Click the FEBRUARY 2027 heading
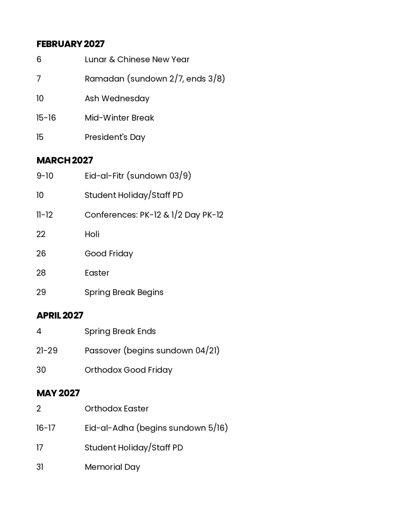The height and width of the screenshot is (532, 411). click(70, 44)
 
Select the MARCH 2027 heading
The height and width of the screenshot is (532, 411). click(65, 160)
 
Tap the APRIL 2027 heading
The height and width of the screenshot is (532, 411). click(60, 316)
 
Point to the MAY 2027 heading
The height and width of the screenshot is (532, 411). click(58, 393)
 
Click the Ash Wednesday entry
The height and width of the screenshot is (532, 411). click(117, 98)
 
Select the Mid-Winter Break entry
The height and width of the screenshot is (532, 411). click(119, 118)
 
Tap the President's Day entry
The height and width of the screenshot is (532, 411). click(115, 137)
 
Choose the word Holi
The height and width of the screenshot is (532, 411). click(92, 234)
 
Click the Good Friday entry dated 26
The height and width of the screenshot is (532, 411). click(109, 254)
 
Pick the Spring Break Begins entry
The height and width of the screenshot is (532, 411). click(124, 292)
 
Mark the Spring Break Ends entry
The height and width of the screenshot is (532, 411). click(120, 331)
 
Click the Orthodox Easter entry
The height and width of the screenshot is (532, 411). click(116, 409)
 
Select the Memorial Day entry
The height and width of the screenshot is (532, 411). click(112, 467)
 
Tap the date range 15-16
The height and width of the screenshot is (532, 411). click(46, 118)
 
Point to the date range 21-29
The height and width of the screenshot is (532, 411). click(47, 351)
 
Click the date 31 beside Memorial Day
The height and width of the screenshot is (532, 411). click(40, 467)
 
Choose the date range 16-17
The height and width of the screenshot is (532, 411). click(46, 428)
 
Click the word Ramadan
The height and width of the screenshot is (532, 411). click(104, 79)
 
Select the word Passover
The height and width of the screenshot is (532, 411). click(102, 351)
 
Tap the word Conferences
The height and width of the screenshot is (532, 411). click(111, 215)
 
